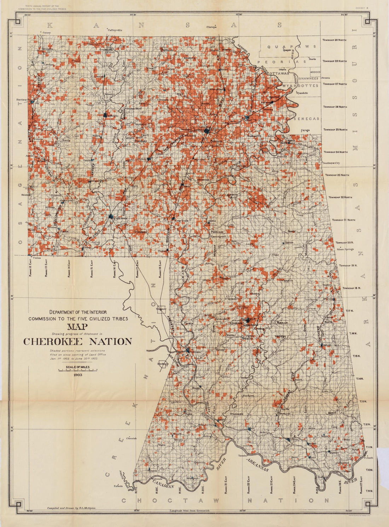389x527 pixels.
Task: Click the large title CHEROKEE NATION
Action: [77, 342]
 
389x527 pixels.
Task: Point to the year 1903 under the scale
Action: [78, 375]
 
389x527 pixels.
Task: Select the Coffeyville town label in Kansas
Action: [115, 30]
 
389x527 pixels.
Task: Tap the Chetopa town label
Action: [211, 27]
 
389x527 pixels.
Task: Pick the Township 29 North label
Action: [335, 40]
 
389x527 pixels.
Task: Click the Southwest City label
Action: [331, 163]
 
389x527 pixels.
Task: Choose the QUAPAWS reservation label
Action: [292, 47]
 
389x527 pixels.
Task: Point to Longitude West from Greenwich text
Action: [189, 511]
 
